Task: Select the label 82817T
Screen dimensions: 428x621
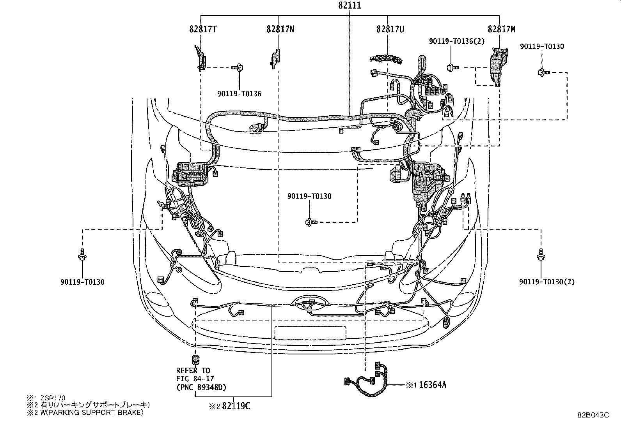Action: pos(203,29)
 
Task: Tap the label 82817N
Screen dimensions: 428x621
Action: pos(280,29)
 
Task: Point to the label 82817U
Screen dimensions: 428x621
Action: pos(390,29)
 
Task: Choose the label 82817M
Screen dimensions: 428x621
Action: pos(501,29)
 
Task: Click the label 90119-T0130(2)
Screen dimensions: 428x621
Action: pos(546,282)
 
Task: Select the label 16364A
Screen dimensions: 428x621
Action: pos(433,385)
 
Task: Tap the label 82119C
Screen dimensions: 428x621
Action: pos(236,406)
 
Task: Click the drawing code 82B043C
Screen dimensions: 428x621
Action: pos(593,415)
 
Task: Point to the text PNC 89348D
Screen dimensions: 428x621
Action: pos(201,387)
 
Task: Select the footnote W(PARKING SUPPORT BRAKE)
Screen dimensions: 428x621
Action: pos(90,413)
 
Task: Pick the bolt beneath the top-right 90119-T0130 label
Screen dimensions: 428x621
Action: pos(543,72)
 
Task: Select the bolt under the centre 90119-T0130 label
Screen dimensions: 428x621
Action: pos(311,222)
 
